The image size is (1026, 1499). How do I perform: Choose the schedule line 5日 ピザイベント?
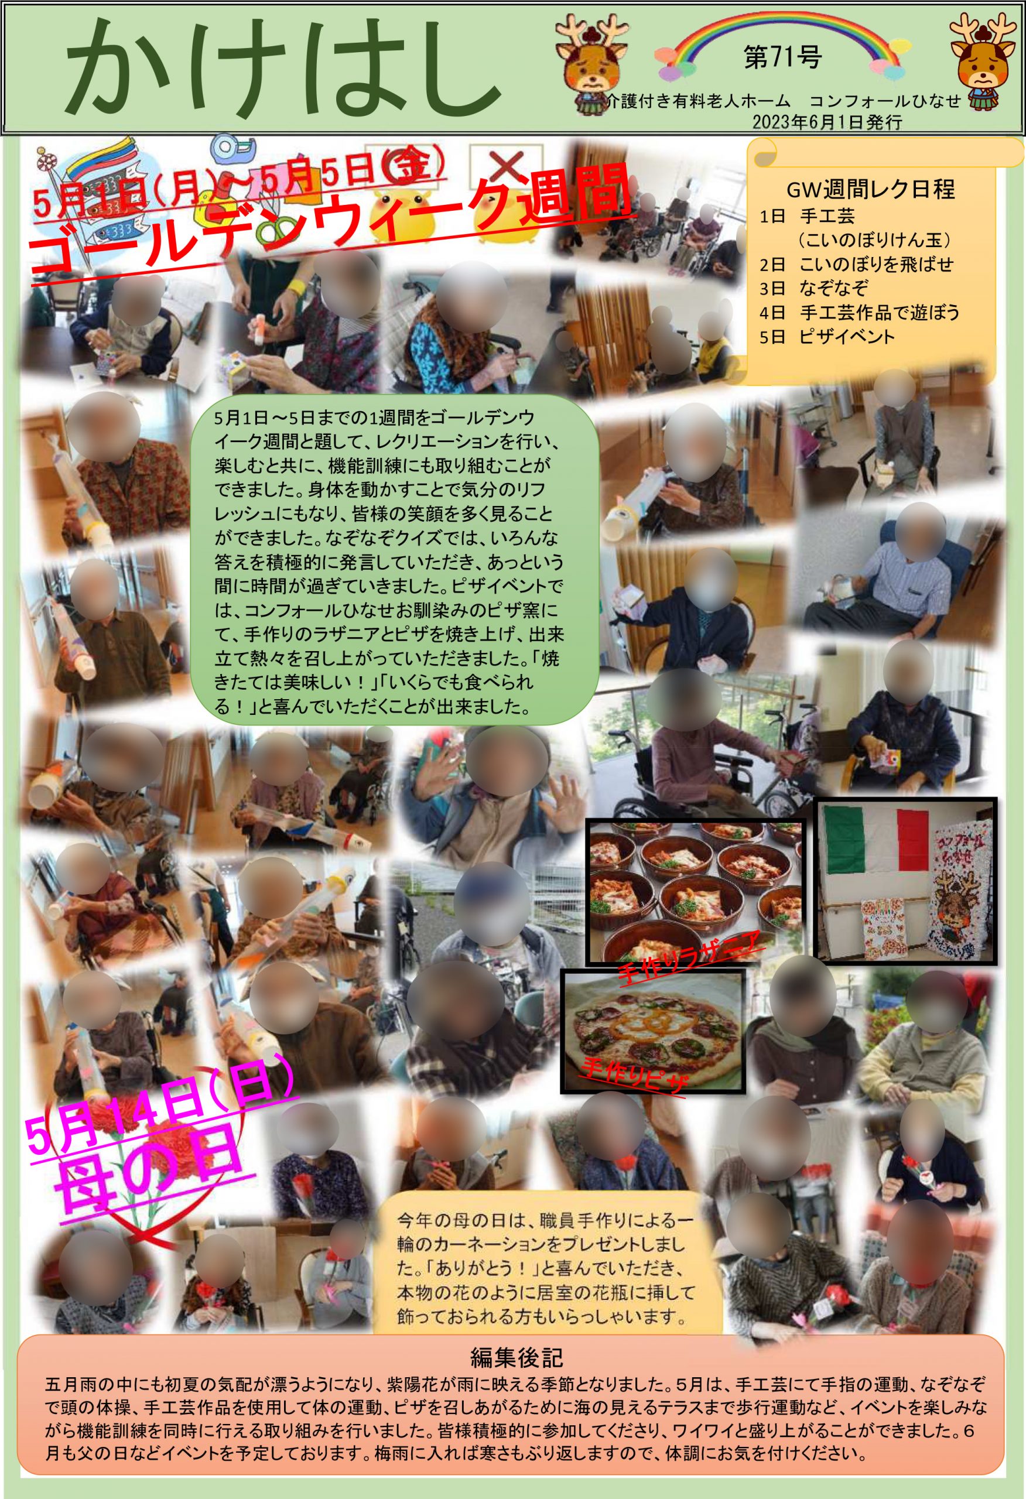[827, 337]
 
